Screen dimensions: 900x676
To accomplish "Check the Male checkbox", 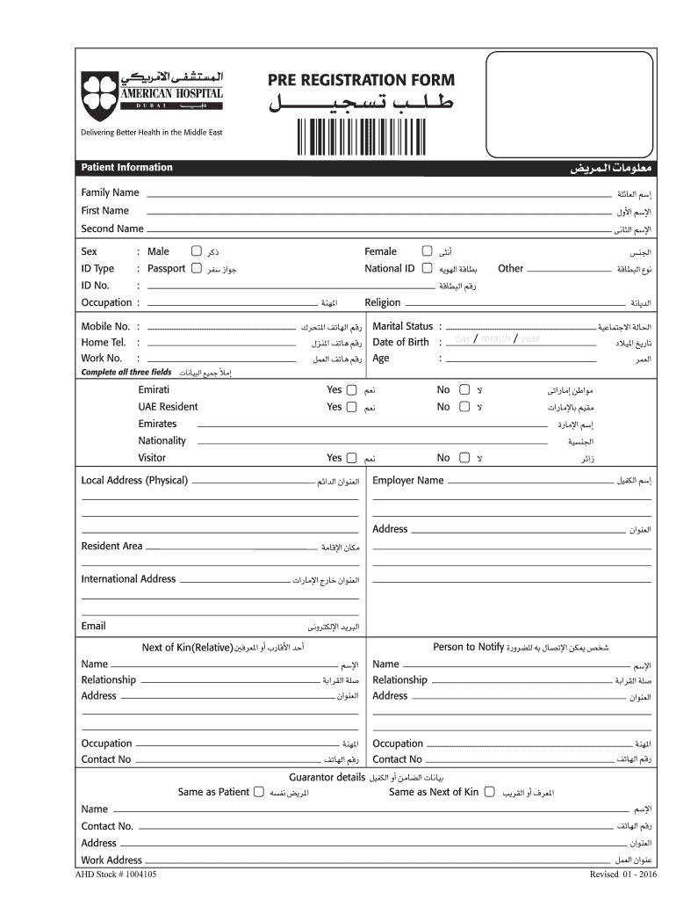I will click(197, 251).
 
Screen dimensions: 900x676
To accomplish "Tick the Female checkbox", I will click(427, 251).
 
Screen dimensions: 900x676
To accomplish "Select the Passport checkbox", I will click(196, 268).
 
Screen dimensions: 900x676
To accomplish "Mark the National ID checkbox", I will click(427, 268).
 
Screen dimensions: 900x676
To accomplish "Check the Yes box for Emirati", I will click(351, 389).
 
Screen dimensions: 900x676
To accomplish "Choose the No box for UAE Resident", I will click(465, 407).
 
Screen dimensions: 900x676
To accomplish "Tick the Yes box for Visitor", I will click(351, 458).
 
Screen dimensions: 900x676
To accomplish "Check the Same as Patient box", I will click(259, 792).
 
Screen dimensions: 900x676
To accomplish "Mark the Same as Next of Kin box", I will click(488, 792).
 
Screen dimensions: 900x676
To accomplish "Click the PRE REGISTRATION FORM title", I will click(361, 81).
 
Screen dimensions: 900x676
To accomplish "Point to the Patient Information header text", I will click(126, 168).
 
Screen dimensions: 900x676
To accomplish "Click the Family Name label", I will click(110, 192).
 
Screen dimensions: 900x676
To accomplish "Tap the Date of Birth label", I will click(400, 342).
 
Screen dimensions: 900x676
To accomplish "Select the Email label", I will click(93, 626).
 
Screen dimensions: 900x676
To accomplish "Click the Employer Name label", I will click(407, 481).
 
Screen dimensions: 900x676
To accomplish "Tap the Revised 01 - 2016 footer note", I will click(624, 875).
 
